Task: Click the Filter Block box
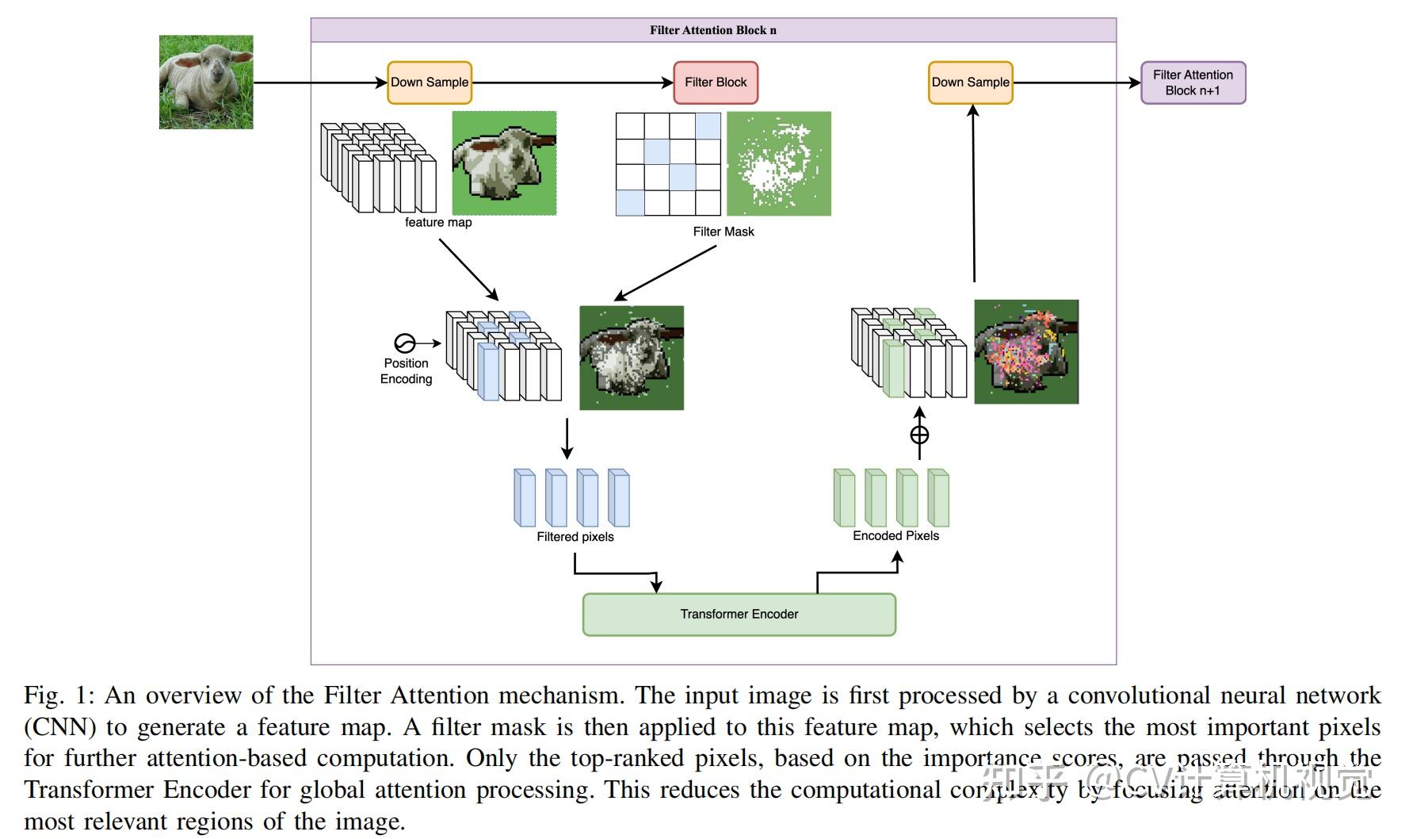point(716,82)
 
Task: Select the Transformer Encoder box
point(739,615)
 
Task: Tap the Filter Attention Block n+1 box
point(1193,82)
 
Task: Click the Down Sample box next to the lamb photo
point(430,82)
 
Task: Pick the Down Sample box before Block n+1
point(970,82)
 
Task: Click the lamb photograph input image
point(206,82)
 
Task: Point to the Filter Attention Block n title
point(713,30)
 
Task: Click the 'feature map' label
point(438,223)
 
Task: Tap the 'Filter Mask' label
point(724,232)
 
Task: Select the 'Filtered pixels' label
point(575,537)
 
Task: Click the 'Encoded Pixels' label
point(895,536)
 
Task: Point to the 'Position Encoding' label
point(406,371)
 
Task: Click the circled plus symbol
point(919,435)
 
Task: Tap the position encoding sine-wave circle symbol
point(404,343)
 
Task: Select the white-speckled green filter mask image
point(779,163)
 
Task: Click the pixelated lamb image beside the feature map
point(504,163)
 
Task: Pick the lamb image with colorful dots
point(1026,351)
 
